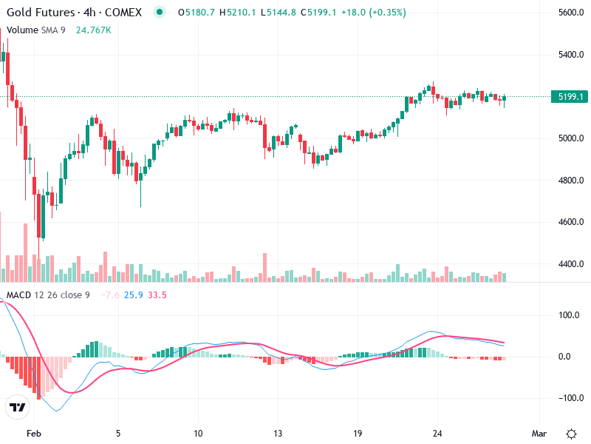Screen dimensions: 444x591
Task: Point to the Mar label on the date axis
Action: pyautogui.click(x=539, y=433)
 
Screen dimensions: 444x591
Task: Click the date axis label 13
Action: pyautogui.click(x=278, y=433)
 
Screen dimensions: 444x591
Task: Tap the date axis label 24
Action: pyautogui.click(x=437, y=433)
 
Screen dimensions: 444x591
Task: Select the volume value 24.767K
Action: pyautogui.click(x=94, y=30)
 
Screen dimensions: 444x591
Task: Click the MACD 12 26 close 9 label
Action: pyautogui.click(x=48, y=295)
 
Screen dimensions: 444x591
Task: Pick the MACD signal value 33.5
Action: pyautogui.click(x=157, y=295)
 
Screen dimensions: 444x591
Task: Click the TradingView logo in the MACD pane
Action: pyautogui.click(x=17, y=407)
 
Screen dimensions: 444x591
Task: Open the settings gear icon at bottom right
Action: pyautogui.click(x=571, y=433)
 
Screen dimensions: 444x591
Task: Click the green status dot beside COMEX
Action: pyautogui.click(x=160, y=13)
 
